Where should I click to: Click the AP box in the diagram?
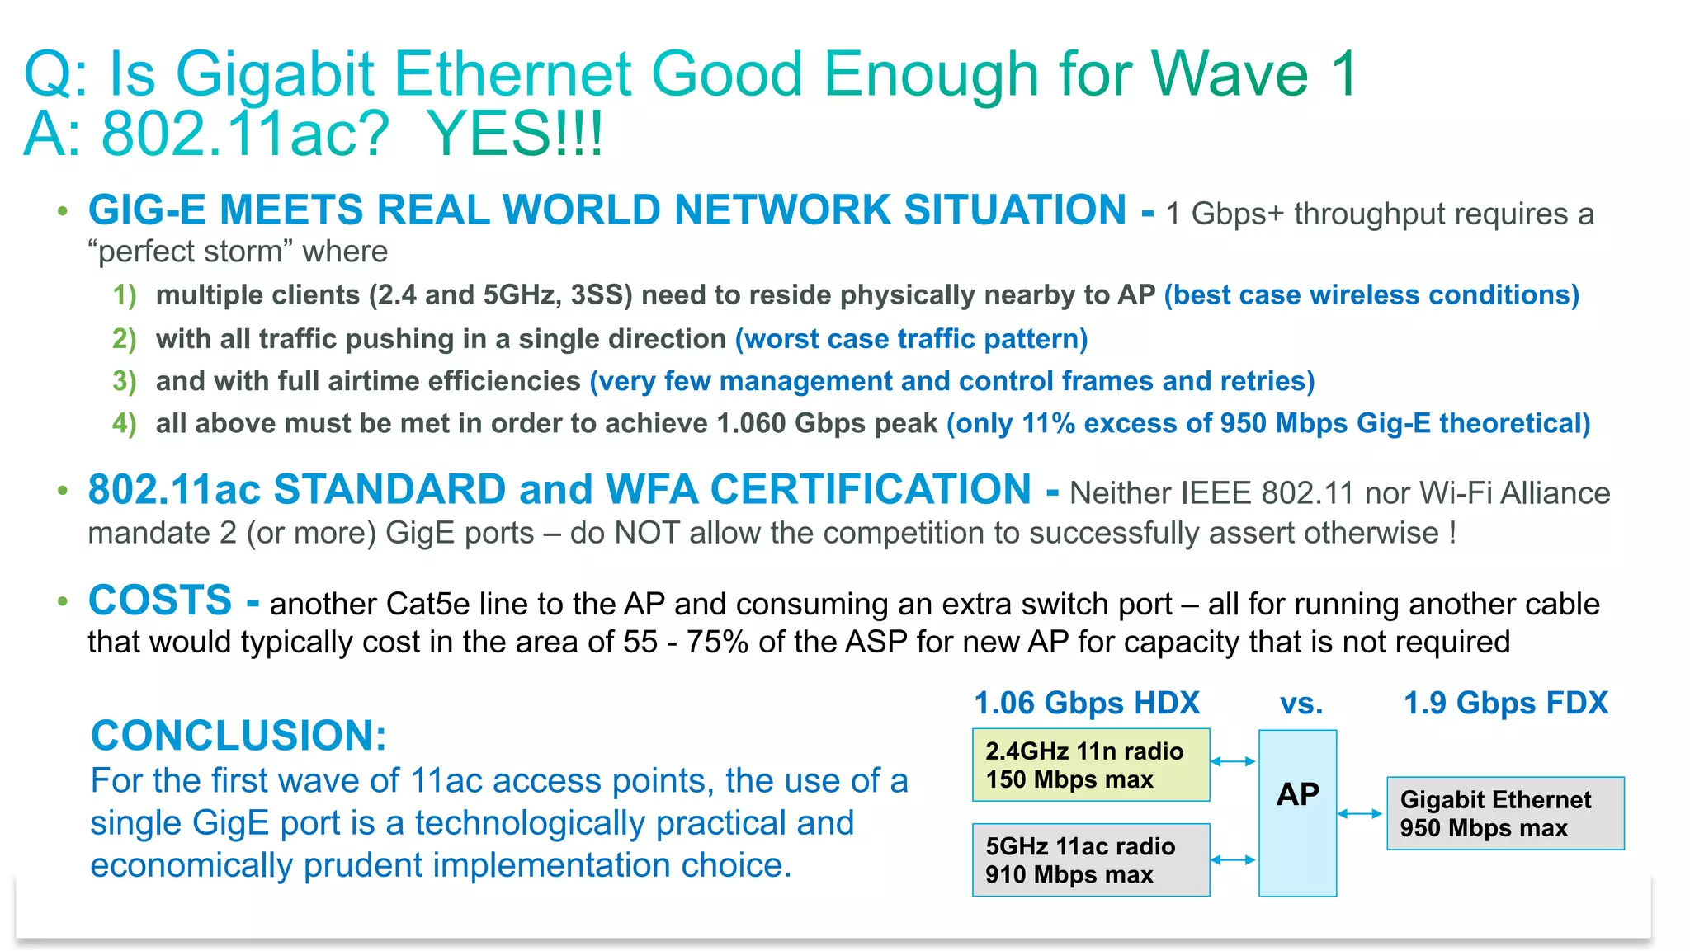pyautogui.click(x=1297, y=813)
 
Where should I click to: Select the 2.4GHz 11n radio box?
pyautogui.click(x=1090, y=765)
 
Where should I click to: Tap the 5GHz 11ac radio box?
pyautogui.click(x=1090, y=859)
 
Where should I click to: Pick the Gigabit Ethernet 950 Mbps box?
pyautogui.click(x=1505, y=813)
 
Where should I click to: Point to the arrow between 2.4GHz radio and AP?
pyautogui.click(x=1234, y=761)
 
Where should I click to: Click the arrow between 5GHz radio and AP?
pyautogui.click(x=1234, y=859)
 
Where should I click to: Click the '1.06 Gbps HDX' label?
pyautogui.click(x=1087, y=704)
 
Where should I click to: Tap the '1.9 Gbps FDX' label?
pyautogui.click(x=1506, y=704)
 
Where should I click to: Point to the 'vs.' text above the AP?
pyautogui.click(x=1301, y=704)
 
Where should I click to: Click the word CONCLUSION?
pyautogui.click(x=238, y=735)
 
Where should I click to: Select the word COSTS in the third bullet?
pyautogui.click(x=160, y=600)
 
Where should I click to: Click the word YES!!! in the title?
pyautogui.click(x=516, y=134)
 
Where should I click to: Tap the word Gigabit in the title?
pyautogui.click(x=276, y=74)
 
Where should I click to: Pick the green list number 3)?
pyautogui.click(x=125, y=381)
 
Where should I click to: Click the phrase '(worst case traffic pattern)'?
pyautogui.click(x=911, y=339)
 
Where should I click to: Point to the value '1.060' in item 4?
pyautogui.click(x=751, y=424)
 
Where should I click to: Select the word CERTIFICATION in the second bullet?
pyautogui.click(x=871, y=490)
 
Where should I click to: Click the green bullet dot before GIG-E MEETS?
pyautogui.click(x=63, y=211)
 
